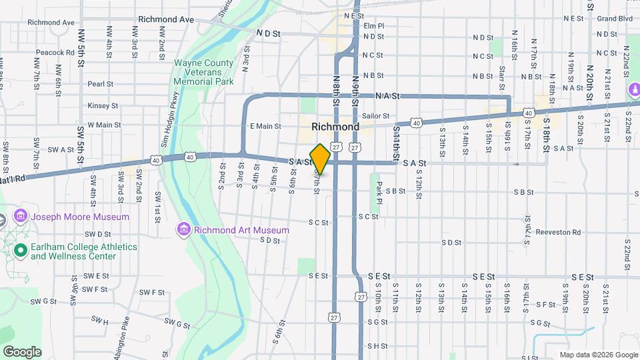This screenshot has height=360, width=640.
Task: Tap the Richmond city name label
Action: click(335, 127)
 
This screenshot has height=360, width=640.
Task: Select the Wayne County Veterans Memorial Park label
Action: click(203, 72)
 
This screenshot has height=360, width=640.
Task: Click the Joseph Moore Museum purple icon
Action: click(20, 217)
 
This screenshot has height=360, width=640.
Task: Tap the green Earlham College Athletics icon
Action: click(20, 251)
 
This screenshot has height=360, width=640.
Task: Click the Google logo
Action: click(22, 352)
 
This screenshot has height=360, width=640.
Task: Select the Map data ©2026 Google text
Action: click(598, 355)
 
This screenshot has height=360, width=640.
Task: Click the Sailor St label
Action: click(376, 116)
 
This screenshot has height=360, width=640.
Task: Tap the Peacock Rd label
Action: click(56, 52)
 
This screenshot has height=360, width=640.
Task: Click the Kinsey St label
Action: click(103, 105)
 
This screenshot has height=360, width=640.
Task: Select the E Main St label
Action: click(265, 126)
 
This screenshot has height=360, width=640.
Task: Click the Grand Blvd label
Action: click(615, 19)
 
